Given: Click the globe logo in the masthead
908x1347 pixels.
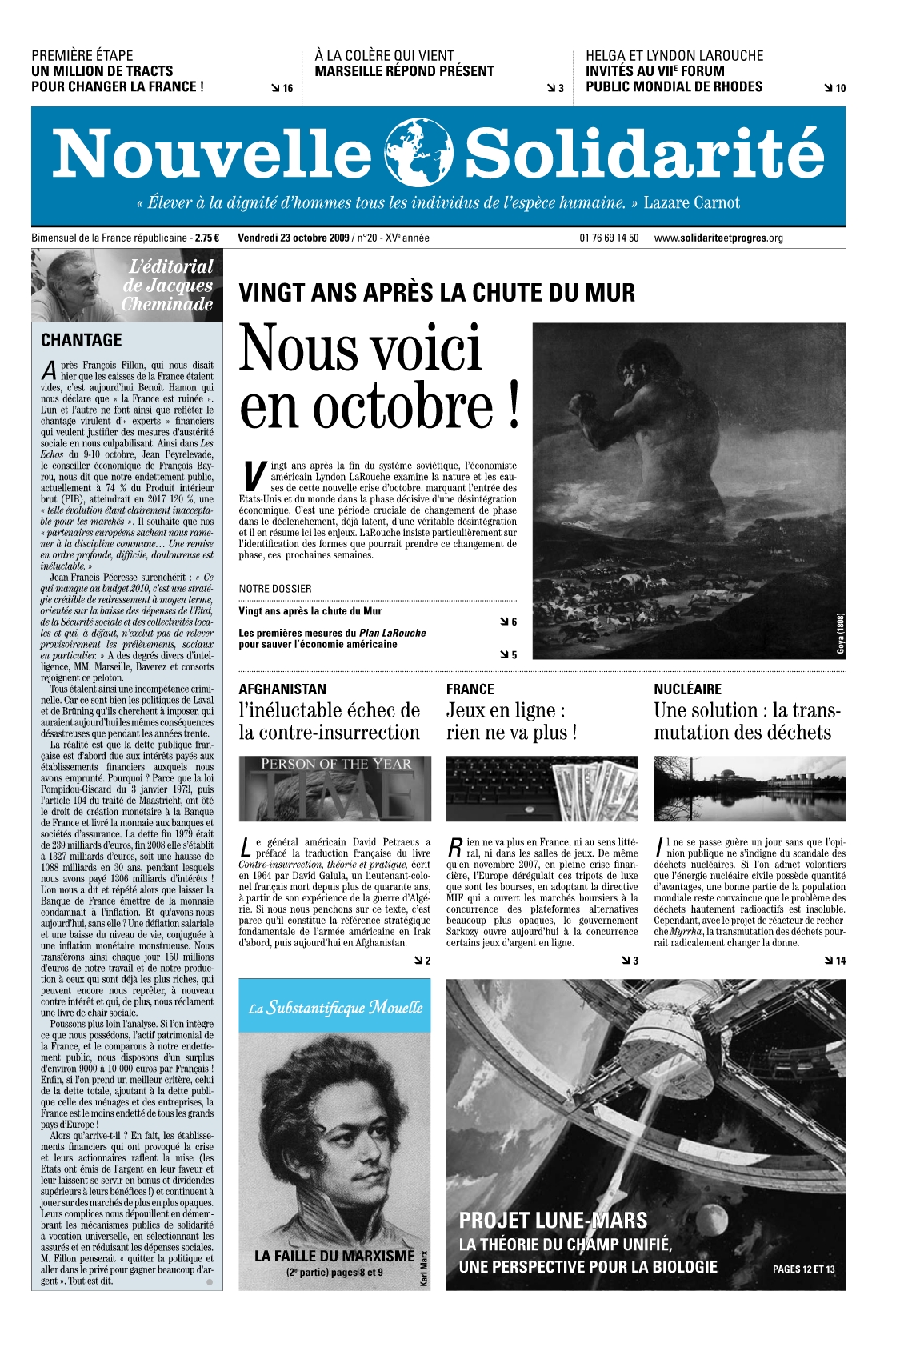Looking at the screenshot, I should pyautogui.click(x=418, y=152).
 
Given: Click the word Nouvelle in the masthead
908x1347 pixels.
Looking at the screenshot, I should pyautogui.click(x=212, y=154).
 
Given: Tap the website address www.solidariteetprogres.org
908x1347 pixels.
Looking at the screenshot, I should pyautogui.click(x=718, y=238).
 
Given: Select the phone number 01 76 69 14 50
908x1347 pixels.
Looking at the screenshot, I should pyautogui.click(x=609, y=238).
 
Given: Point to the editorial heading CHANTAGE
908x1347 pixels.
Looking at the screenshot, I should pyautogui.click(x=82, y=340).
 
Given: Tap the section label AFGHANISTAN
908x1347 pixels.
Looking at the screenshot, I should pyautogui.click(x=282, y=689).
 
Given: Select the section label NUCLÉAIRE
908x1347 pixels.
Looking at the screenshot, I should pyautogui.click(x=687, y=689).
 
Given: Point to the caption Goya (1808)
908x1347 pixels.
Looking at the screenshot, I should pyautogui.click(x=840, y=633).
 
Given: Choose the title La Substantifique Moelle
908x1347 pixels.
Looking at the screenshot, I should pyautogui.click(x=335, y=1007).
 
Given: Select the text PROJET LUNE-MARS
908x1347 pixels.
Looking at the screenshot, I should pyautogui.click(x=553, y=1221).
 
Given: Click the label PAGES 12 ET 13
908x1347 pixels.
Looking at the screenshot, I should pyautogui.click(x=803, y=1269).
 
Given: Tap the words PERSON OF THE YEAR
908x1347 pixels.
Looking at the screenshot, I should pyautogui.click(x=336, y=764).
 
